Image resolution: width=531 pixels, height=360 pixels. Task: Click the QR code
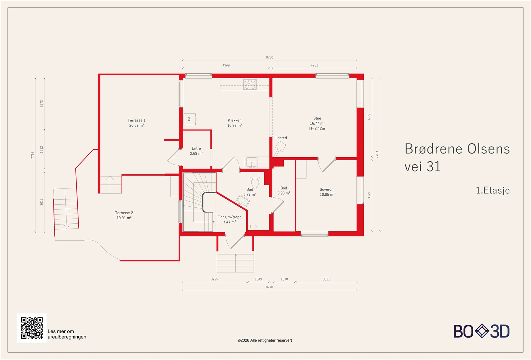(x=32, y=328)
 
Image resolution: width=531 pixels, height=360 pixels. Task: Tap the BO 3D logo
(x=482, y=331)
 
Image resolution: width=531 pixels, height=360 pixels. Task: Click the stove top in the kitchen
(x=250, y=84)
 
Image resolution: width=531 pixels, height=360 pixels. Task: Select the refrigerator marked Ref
(x=190, y=119)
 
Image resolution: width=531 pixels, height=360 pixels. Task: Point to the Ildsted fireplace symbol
(x=279, y=148)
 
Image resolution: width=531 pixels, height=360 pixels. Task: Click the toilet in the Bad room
(x=255, y=180)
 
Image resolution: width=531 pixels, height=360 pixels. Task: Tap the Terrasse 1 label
(x=136, y=120)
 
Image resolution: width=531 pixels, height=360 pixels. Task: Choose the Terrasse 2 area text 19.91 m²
(x=124, y=218)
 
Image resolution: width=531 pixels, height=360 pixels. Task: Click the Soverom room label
(x=327, y=189)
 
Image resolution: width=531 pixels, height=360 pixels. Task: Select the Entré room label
(x=196, y=148)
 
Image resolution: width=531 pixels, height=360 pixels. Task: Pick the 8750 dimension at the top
(x=269, y=57)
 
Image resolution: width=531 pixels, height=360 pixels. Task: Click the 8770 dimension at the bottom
(x=269, y=287)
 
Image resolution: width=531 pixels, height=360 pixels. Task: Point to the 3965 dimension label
(x=369, y=117)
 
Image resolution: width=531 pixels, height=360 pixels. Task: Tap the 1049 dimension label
(x=259, y=279)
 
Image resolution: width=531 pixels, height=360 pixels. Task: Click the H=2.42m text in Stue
(x=317, y=128)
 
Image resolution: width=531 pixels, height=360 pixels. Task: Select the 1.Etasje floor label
(x=493, y=190)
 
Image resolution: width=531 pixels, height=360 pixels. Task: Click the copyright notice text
(x=265, y=340)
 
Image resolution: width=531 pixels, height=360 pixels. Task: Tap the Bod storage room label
(x=284, y=188)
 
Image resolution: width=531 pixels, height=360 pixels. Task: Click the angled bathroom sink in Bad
(x=243, y=201)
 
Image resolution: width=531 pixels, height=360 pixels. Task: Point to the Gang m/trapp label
(x=229, y=217)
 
